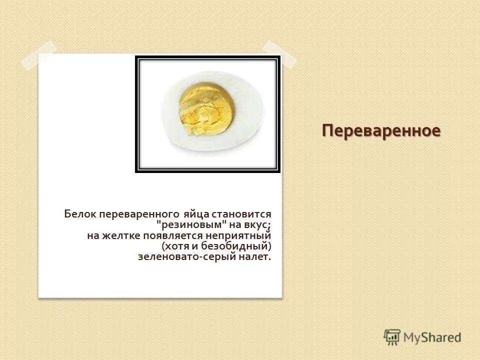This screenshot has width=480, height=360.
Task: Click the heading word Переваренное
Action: click(381, 131)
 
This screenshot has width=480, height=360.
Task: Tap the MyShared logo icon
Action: click(392, 337)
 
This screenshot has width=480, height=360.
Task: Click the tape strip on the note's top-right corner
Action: click(279, 53)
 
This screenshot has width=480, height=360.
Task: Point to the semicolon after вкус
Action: click(268, 226)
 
